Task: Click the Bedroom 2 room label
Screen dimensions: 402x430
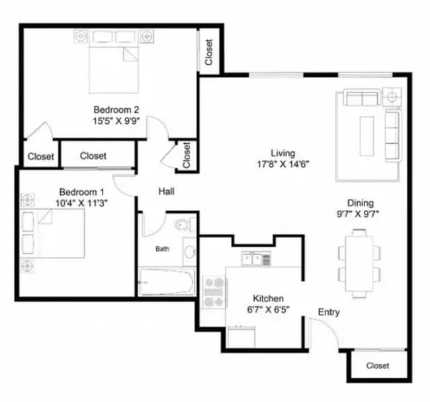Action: [x=116, y=110]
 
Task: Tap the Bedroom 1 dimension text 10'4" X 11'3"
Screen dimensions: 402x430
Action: [x=79, y=203]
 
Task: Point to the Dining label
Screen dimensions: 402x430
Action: [x=361, y=203]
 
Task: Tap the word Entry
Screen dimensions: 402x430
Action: [x=329, y=312]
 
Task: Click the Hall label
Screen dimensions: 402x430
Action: [x=166, y=191]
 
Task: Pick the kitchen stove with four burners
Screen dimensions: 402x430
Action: [x=214, y=291]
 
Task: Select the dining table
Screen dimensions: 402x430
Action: [x=360, y=263]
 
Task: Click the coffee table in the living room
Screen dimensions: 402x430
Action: [x=366, y=135]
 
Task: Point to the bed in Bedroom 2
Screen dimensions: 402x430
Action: [x=113, y=67]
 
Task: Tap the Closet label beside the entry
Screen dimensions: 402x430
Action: [x=378, y=366]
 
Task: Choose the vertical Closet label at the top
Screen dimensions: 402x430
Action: [x=209, y=52]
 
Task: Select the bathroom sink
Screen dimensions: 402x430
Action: [x=189, y=252]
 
